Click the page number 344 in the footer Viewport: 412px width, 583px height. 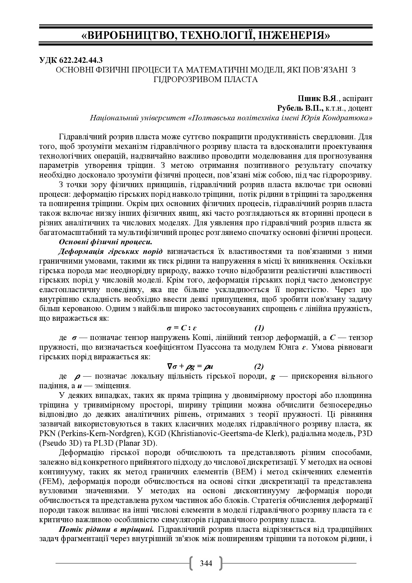206,563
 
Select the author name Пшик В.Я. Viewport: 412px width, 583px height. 318,98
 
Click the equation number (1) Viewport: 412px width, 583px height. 259,328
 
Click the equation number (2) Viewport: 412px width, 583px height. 259,367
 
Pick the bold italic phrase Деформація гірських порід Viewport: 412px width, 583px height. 111,251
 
